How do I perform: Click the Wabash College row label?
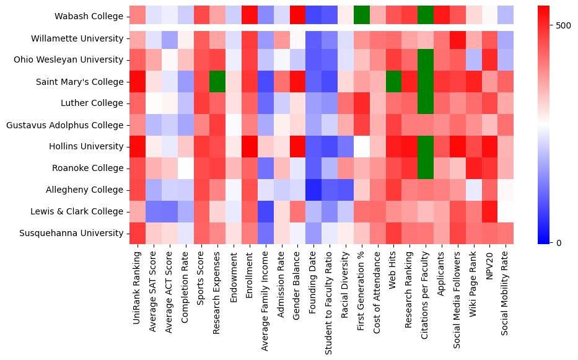point(89,17)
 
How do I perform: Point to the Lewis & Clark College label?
point(80,211)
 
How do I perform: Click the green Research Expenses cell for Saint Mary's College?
point(217,82)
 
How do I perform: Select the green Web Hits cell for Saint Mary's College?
point(393,82)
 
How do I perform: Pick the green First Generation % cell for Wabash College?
point(361,17)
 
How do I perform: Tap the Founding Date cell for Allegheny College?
point(313,190)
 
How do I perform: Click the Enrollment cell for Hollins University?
point(249,147)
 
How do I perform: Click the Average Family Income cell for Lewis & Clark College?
point(265,211)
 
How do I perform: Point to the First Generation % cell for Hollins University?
point(361,147)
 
